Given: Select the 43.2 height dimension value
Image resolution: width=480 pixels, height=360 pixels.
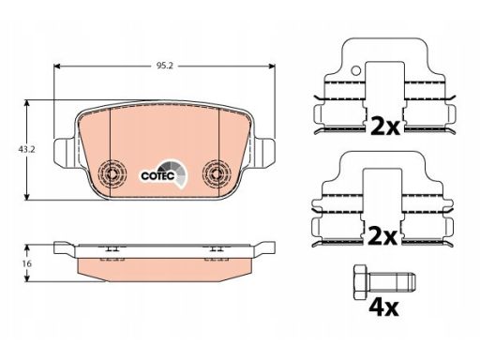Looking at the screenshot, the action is [26, 149].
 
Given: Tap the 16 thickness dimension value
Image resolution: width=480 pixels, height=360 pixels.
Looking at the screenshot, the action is [27, 263].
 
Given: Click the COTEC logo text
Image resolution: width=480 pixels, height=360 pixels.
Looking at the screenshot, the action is [157, 176].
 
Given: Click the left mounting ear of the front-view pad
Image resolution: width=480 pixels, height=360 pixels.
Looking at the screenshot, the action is [65, 152].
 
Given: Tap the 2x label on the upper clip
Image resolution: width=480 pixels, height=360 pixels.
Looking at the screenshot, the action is [385, 126].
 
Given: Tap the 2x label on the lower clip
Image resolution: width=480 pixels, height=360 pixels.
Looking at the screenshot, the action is [382, 236].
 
